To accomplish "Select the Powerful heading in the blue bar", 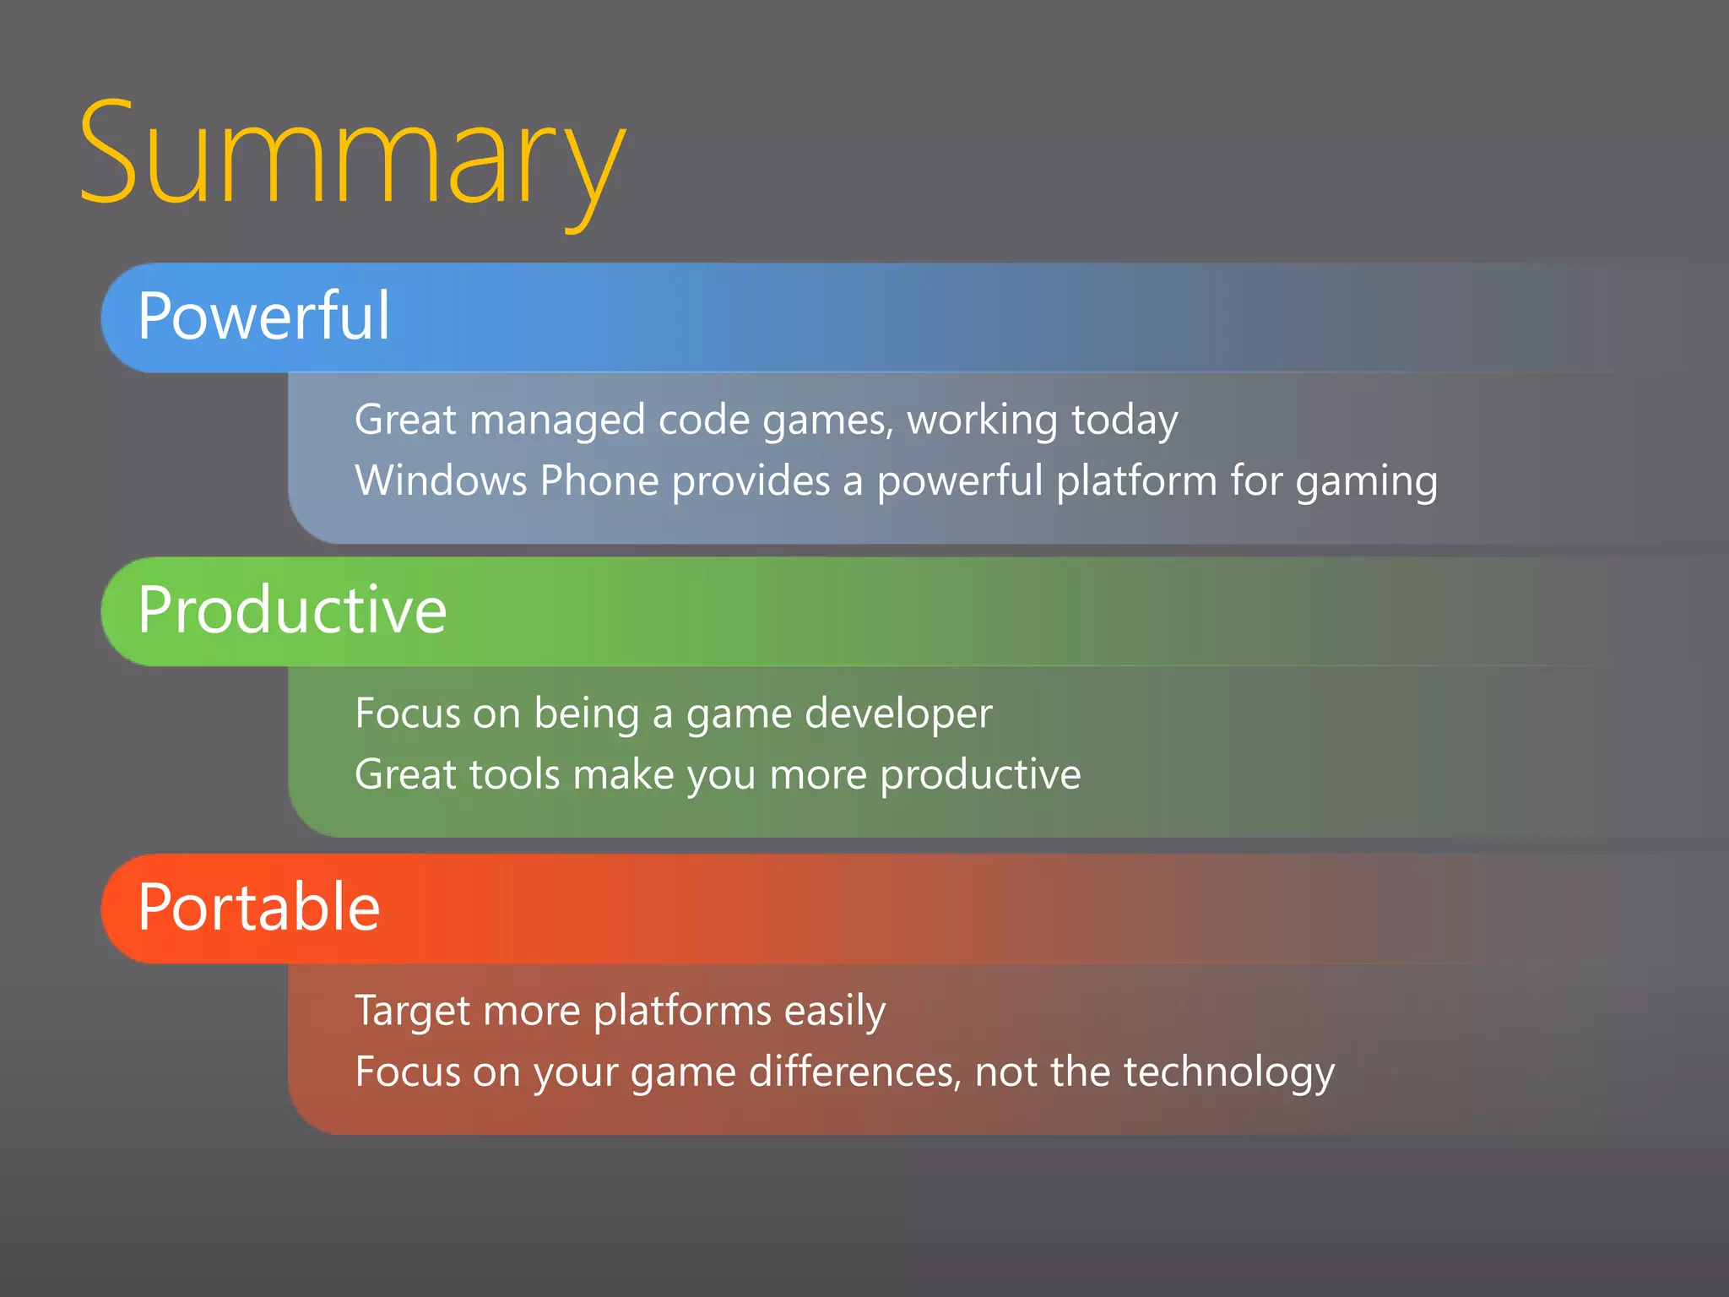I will pos(263,316).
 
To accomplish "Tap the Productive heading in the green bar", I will pos(291,610).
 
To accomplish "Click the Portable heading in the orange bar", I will pos(258,907).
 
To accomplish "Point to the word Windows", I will pos(441,480).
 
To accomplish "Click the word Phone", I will pos(599,480).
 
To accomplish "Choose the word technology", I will pos(1228,1073).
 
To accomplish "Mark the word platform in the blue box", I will pos(1136,481).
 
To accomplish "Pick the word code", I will pos(703,420).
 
